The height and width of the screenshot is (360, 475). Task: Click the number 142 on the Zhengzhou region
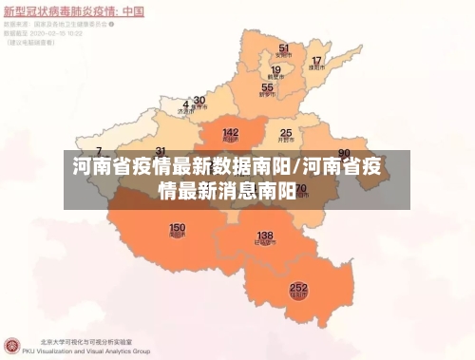tap(230, 133)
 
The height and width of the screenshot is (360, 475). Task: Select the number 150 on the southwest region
tap(177, 228)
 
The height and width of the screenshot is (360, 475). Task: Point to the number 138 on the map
tap(265, 235)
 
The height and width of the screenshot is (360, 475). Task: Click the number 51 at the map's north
tap(283, 47)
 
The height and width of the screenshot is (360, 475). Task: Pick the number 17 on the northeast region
tap(317, 62)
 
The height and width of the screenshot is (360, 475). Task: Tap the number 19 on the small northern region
tap(276, 69)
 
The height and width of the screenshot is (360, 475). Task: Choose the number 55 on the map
tap(267, 87)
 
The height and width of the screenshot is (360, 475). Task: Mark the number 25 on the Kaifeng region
tap(285, 133)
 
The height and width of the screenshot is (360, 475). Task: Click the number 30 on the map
tap(199, 100)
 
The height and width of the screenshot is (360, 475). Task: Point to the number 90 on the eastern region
tap(344, 152)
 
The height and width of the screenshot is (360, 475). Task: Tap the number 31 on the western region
tap(161, 151)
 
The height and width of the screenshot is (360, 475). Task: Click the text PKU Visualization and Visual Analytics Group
tap(94, 351)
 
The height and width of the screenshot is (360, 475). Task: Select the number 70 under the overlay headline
tap(301, 189)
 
